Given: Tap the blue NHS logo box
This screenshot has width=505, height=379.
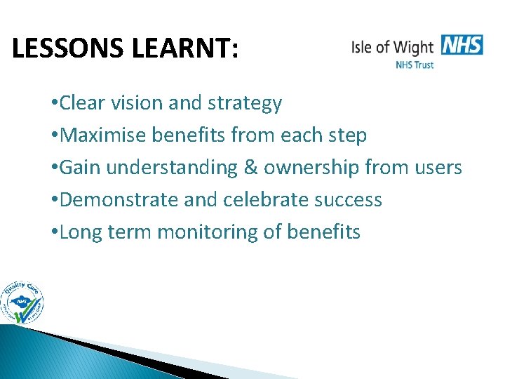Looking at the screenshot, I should point(462,45).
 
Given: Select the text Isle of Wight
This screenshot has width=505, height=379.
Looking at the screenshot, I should point(392,48).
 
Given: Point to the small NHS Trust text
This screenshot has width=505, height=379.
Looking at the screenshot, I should point(415,65).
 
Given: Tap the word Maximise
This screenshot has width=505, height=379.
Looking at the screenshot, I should point(101,135).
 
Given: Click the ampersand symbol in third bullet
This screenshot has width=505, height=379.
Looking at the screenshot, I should point(250,168).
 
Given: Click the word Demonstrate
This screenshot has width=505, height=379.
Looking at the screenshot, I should point(120,199).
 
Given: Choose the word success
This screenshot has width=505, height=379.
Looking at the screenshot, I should point(346,199).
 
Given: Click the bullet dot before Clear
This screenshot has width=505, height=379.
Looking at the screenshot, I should point(55,104).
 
